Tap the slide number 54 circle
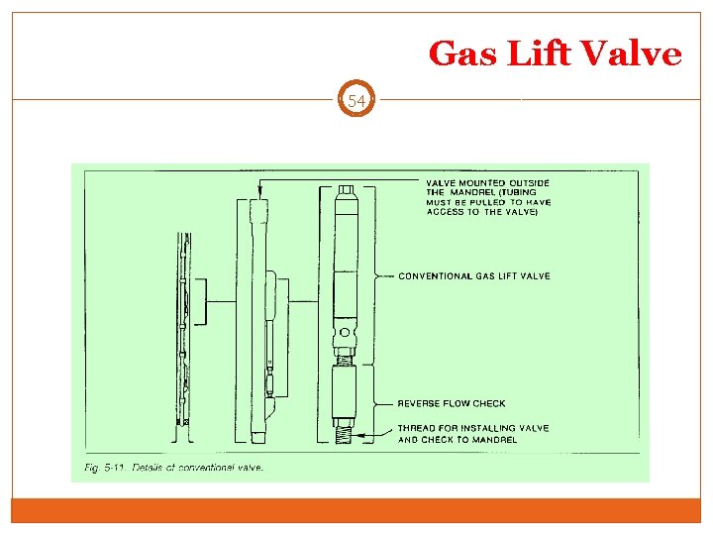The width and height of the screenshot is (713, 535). coord(356,100)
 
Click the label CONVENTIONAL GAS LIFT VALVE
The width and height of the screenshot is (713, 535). coord(473,276)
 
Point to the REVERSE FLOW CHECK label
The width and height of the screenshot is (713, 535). coord(451,403)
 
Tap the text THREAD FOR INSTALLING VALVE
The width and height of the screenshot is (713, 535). coord(472,428)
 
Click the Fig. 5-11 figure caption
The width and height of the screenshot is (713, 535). coord(173,468)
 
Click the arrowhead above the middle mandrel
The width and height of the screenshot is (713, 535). coord(258,190)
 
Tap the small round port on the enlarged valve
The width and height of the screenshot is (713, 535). coord(345,331)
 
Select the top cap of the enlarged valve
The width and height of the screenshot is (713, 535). coord(345,190)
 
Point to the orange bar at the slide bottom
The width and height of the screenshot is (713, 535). coord(356,510)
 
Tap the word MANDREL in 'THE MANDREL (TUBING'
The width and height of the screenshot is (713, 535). coord(473,192)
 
